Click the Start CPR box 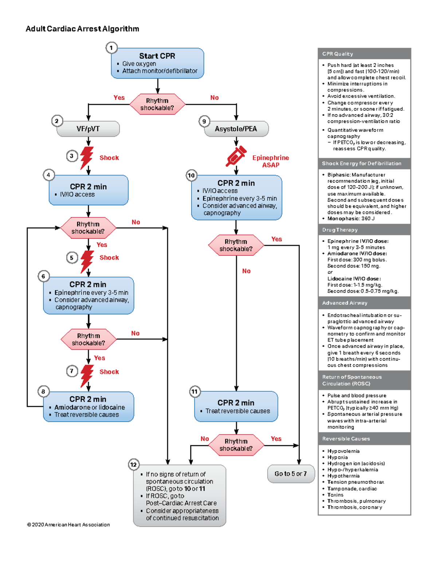[x=157, y=63]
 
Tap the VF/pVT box [x=88, y=129]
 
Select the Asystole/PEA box [x=236, y=129]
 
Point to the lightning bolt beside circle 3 [x=87, y=157]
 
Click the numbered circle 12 [x=134, y=464]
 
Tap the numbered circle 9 [x=204, y=121]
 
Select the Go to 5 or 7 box [x=291, y=474]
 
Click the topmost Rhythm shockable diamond [x=157, y=104]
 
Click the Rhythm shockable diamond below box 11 [x=236, y=445]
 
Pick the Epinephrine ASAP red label [x=271, y=161]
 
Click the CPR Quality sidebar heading [x=338, y=54]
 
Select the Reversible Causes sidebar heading [x=346, y=439]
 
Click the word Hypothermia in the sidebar [x=343, y=476]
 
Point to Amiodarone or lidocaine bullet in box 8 [x=90, y=407]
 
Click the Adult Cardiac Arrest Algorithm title [x=82, y=29]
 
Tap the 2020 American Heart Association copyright [x=68, y=525]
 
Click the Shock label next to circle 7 [x=109, y=372]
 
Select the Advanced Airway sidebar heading [x=345, y=303]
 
